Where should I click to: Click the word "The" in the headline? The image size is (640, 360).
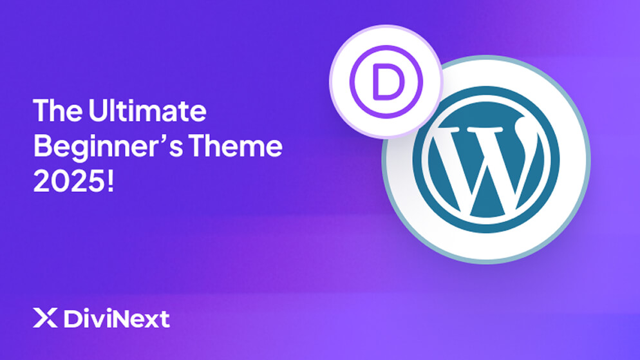[56, 111]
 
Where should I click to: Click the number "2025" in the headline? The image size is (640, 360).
[69, 182]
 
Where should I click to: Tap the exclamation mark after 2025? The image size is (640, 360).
[110, 182]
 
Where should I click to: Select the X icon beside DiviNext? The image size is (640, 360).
[41, 318]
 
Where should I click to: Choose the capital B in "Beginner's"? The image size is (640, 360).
[42, 147]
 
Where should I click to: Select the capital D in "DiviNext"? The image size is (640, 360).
[71, 318]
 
